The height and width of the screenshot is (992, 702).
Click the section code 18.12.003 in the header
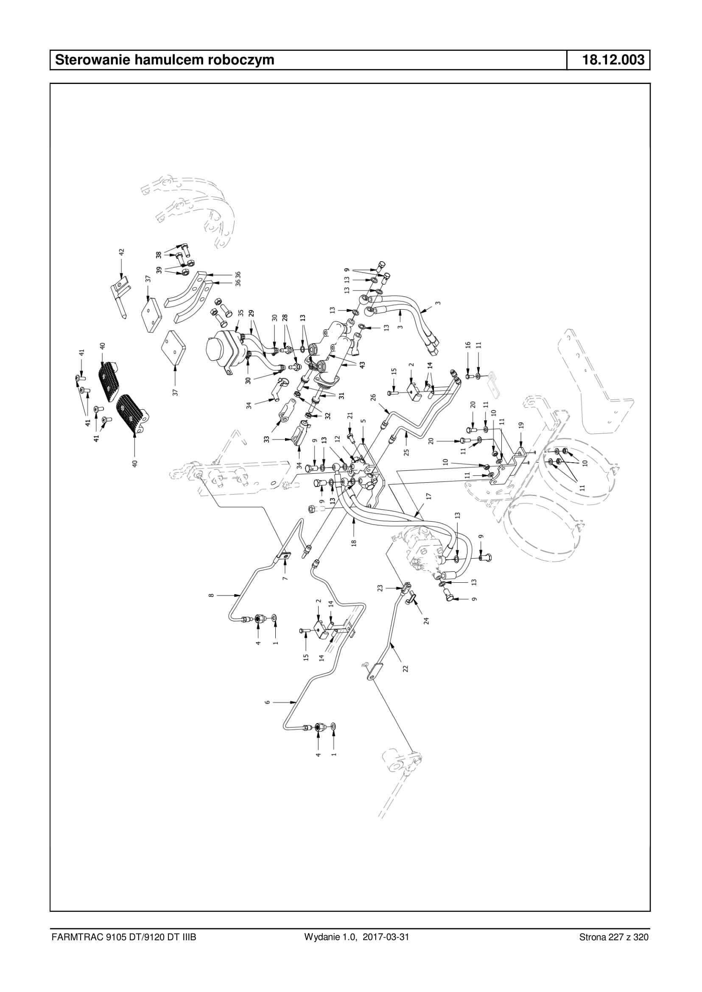pos(613,60)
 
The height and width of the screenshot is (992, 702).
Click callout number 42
pos(121,251)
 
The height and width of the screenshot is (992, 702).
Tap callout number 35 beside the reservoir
pos(241,313)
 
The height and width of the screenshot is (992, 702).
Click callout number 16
pos(467,345)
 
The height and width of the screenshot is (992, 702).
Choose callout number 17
pos(429,496)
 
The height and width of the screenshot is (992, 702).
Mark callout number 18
pos(354,543)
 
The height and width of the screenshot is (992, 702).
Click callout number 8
pos(211,595)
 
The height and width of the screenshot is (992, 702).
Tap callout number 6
pos(267,702)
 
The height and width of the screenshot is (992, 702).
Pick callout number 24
pos(426,621)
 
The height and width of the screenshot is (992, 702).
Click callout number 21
pos(350,415)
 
